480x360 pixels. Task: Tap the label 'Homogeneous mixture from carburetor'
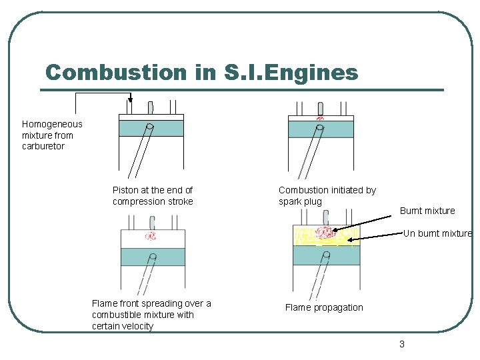(x=52, y=135)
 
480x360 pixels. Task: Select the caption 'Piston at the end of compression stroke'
(x=153, y=195)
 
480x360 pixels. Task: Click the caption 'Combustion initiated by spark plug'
(x=327, y=195)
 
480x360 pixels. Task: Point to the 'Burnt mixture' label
(x=427, y=211)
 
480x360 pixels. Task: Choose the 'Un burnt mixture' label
(x=437, y=233)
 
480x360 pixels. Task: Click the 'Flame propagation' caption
(x=324, y=307)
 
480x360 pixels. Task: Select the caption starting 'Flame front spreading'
(x=151, y=315)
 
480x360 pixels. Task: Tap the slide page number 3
(x=401, y=344)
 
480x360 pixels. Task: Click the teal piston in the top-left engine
(x=151, y=128)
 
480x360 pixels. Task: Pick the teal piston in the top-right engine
(x=321, y=129)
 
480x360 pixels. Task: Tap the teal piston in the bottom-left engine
(x=153, y=257)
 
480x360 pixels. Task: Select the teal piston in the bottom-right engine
(x=326, y=255)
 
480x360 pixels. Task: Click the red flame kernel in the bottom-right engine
(x=325, y=232)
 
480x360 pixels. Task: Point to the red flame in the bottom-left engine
(x=151, y=235)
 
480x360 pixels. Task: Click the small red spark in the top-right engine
(x=320, y=119)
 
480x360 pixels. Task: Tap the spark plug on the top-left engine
(x=151, y=107)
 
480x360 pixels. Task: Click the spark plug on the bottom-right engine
(x=326, y=217)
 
